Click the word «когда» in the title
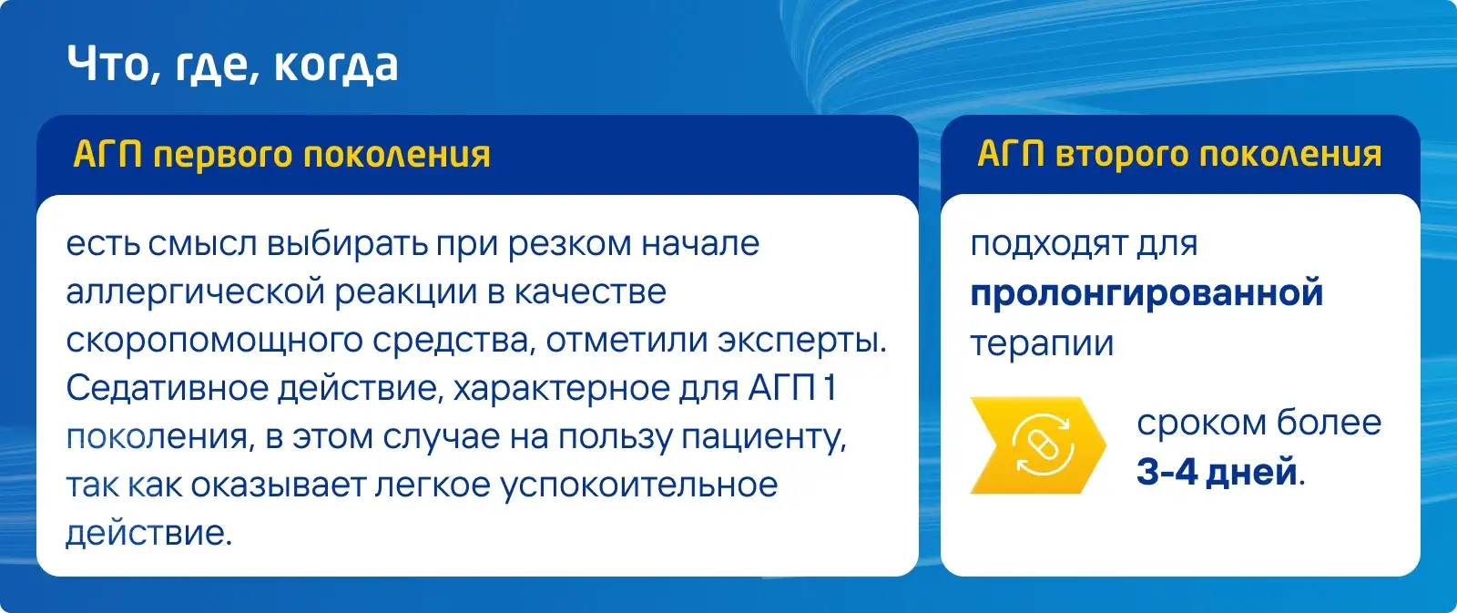pyautogui.click(x=336, y=66)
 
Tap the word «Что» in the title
pyautogui.click(x=108, y=64)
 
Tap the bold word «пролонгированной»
pyautogui.click(x=1146, y=293)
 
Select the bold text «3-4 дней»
pyautogui.click(x=1217, y=471)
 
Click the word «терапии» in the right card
pyautogui.click(x=1042, y=344)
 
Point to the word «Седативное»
pyautogui.click(x=168, y=389)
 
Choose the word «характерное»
pyautogui.click(x=561, y=389)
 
